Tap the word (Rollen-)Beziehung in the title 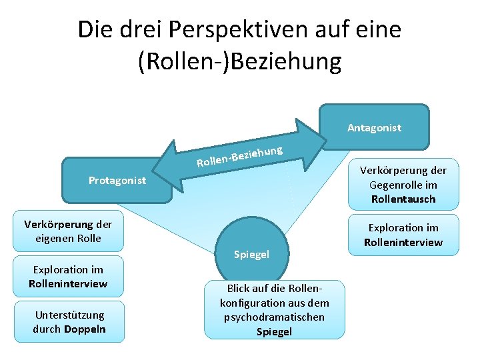pyautogui.click(x=239, y=61)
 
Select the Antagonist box pyautogui.click(x=374, y=127)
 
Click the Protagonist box pyautogui.click(x=117, y=180)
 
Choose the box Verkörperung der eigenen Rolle pyautogui.click(x=67, y=231)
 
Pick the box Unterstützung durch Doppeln pyautogui.click(x=69, y=321)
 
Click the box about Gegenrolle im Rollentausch pyautogui.click(x=403, y=185)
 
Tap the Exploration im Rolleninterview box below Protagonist pyautogui.click(x=69, y=276)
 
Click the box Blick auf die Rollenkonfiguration pyautogui.click(x=274, y=309)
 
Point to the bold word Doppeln pyautogui.click(x=85, y=329)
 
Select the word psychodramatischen pyautogui.click(x=274, y=317)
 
